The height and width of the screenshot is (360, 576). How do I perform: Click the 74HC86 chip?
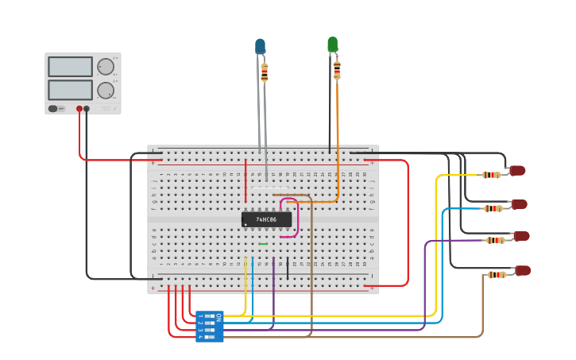266,219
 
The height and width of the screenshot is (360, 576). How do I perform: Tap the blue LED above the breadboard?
260,46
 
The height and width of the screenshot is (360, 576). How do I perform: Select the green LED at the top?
332,45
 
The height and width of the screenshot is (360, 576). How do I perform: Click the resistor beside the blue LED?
265,72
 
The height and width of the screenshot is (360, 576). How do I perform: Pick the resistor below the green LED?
337,69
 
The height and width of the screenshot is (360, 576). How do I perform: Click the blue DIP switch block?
210,327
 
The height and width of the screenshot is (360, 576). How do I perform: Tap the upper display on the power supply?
70,67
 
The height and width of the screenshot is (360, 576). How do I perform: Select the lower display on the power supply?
70,89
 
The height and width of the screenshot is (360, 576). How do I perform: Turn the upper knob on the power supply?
105,66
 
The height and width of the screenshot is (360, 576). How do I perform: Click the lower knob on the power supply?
105,89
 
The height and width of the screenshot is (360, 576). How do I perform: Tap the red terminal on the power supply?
79,108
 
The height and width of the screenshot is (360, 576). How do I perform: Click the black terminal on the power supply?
87,108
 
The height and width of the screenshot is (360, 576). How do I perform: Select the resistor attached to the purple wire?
497,240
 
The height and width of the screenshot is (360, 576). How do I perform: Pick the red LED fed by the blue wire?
520,204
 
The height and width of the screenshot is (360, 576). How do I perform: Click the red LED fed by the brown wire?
523,271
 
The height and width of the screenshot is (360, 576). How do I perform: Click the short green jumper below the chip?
263,244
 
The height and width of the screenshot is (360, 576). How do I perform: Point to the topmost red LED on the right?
517,170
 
